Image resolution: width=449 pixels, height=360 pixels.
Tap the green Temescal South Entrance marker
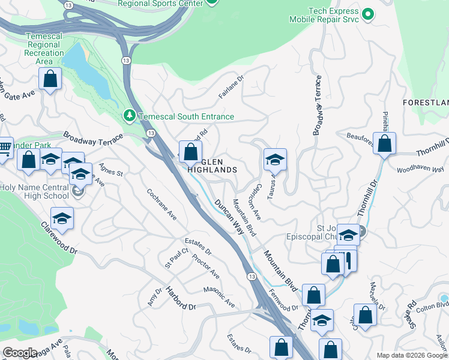pos(128,115)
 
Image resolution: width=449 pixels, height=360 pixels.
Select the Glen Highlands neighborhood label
pos(212,166)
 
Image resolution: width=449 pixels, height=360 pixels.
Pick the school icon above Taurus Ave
pos(275,160)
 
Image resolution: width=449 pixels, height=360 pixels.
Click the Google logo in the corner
pos(19,352)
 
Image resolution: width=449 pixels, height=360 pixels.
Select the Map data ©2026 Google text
pos(411,355)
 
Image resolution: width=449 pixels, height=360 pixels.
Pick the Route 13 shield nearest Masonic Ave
pos(252,276)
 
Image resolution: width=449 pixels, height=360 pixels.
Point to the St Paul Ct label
pos(176,260)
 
